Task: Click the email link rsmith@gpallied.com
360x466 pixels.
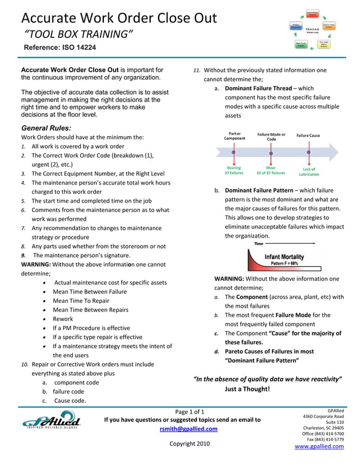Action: [182, 429]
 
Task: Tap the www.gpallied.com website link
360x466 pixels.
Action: [319, 446]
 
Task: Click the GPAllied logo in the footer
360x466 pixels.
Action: [51, 421]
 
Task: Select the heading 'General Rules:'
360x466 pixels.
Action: [46, 128]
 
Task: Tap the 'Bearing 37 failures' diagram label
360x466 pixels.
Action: [234, 171]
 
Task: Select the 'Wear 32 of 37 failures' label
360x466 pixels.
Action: [271, 171]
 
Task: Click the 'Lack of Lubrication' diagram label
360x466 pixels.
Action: [309, 172]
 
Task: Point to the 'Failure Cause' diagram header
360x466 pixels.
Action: [308, 135]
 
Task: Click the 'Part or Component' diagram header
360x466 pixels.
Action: [234, 136]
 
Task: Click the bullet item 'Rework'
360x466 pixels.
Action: [63, 319]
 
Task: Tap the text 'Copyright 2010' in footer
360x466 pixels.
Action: [189, 443]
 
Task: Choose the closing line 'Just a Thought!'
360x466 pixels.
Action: [247, 389]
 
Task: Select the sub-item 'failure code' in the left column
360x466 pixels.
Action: [68, 392]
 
